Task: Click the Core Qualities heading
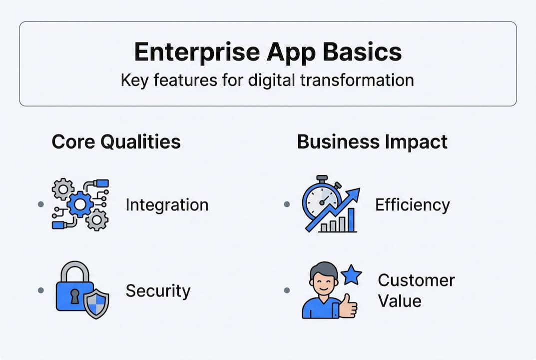[116, 142]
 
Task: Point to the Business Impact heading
[372, 142]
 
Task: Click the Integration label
[167, 205]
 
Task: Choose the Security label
[158, 291]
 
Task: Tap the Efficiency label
[412, 205]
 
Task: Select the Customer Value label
[416, 290]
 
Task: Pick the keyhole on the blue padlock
[74, 297]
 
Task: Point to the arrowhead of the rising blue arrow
[354, 193]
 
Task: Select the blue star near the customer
[351, 275]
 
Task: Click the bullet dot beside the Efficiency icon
[287, 204]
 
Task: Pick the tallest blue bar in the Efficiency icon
[351, 220]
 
